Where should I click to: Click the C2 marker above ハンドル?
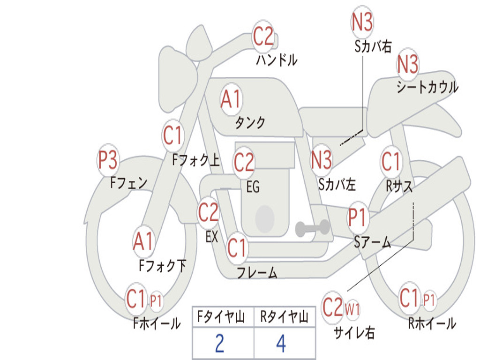click(263, 37)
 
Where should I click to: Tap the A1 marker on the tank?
click(231, 99)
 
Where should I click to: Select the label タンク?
click(250, 123)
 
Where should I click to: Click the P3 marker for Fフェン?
click(108, 160)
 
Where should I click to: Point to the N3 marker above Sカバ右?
click(362, 22)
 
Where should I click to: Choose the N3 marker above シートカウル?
click(408, 64)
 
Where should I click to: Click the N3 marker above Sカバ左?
click(322, 160)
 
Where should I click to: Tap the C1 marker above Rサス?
click(390, 162)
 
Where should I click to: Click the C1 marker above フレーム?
click(237, 247)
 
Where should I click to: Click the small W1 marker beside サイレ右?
click(352, 309)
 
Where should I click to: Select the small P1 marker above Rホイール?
click(429, 300)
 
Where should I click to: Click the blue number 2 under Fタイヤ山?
click(219, 344)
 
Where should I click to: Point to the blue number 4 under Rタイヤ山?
click(281, 344)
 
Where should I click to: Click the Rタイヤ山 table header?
click(284, 318)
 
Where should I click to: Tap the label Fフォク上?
click(195, 161)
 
